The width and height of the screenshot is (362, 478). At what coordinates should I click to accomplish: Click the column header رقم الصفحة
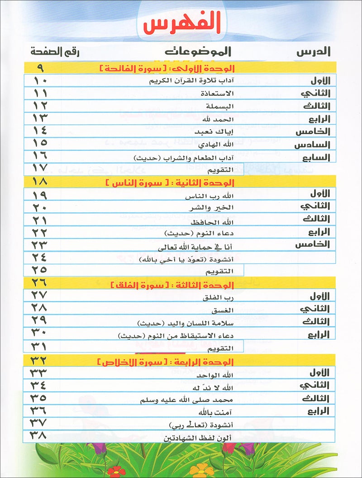[54, 52]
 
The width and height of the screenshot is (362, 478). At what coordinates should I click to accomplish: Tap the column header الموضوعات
[197, 52]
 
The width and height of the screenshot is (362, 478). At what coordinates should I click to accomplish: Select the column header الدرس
[314, 52]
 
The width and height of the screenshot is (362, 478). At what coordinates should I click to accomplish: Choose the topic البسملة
[222, 107]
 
